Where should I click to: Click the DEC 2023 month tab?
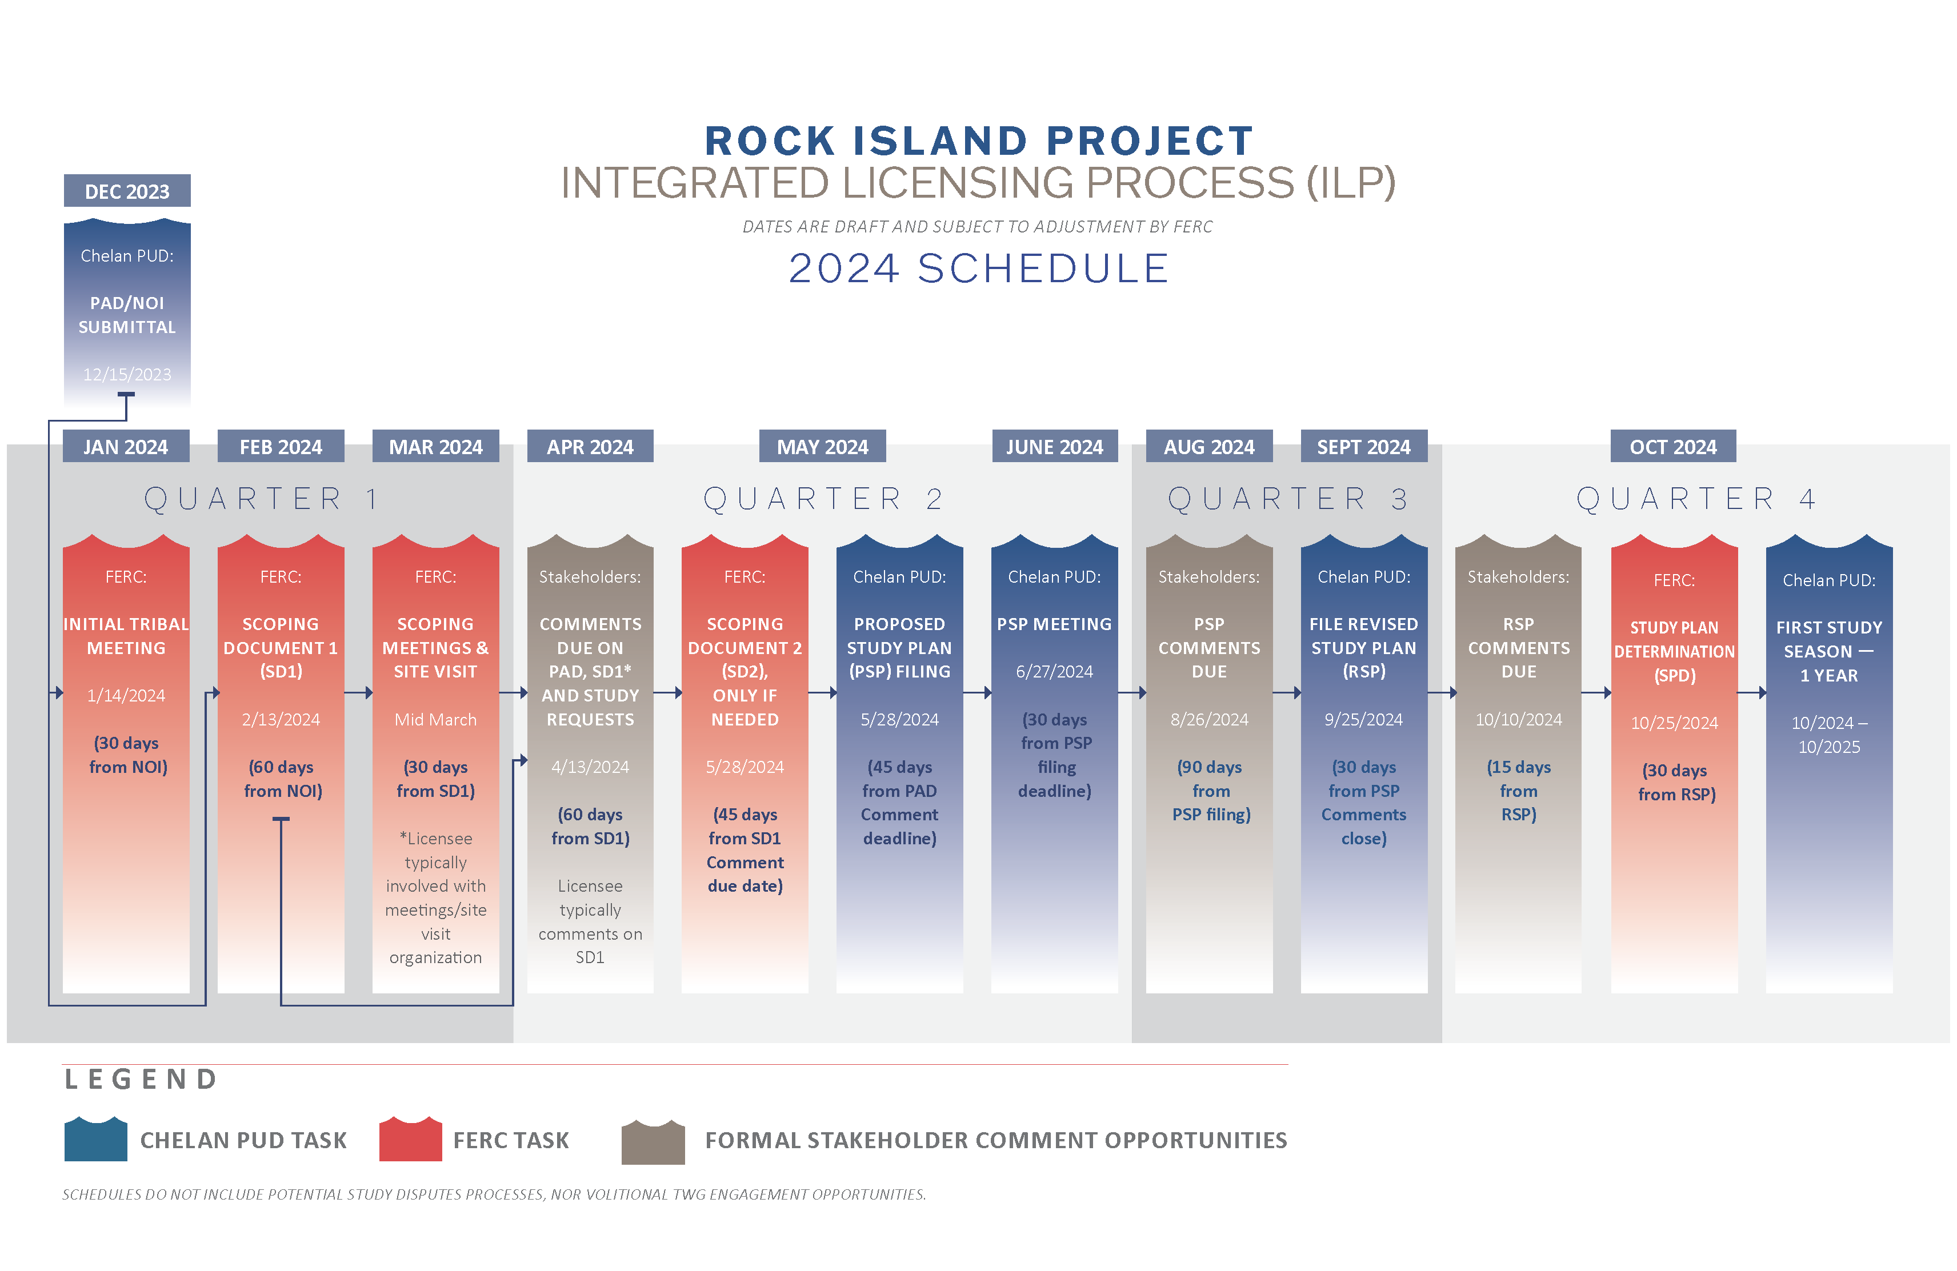pyautogui.click(x=127, y=191)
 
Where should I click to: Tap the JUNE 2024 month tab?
pyautogui.click(x=1055, y=446)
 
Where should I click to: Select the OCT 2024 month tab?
pyautogui.click(x=1674, y=446)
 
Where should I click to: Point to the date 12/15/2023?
pyautogui.click(x=127, y=374)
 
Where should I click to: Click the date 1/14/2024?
pyautogui.click(x=127, y=696)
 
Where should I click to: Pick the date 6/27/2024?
pyautogui.click(x=1055, y=672)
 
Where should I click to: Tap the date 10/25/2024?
pyautogui.click(x=1675, y=723)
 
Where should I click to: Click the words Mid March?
pyautogui.click(x=436, y=719)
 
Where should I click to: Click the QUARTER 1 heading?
pyautogui.click(x=262, y=498)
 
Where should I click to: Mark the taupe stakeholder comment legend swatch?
pyautogui.click(x=653, y=1141)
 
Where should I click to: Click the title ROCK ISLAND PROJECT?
pyautogui.click(x=978, y=141)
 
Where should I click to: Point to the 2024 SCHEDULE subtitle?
pyautogui.click(x=978, y=268)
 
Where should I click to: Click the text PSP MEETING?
pyautogui.click(x=1055, y=624)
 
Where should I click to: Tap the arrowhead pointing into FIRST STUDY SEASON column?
pyautogui.click(x=1762, y=693)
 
